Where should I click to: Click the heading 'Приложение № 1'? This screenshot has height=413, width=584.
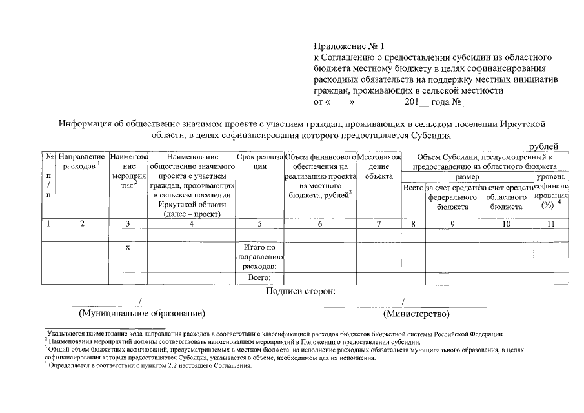348,46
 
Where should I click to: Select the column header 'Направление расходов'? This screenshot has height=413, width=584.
81,162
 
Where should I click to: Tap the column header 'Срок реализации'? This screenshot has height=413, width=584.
259,161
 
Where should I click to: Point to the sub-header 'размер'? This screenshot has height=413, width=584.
467,176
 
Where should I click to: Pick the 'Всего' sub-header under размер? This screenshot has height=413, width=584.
413,188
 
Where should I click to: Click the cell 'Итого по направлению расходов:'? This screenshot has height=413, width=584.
259,257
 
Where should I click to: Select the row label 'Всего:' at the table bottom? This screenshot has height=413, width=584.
259,278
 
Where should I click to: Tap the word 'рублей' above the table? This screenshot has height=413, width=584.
543,146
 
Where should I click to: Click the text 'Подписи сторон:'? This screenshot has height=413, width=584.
297,291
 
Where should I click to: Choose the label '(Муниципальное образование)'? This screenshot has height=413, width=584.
142,314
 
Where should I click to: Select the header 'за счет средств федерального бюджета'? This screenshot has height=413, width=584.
452,197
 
